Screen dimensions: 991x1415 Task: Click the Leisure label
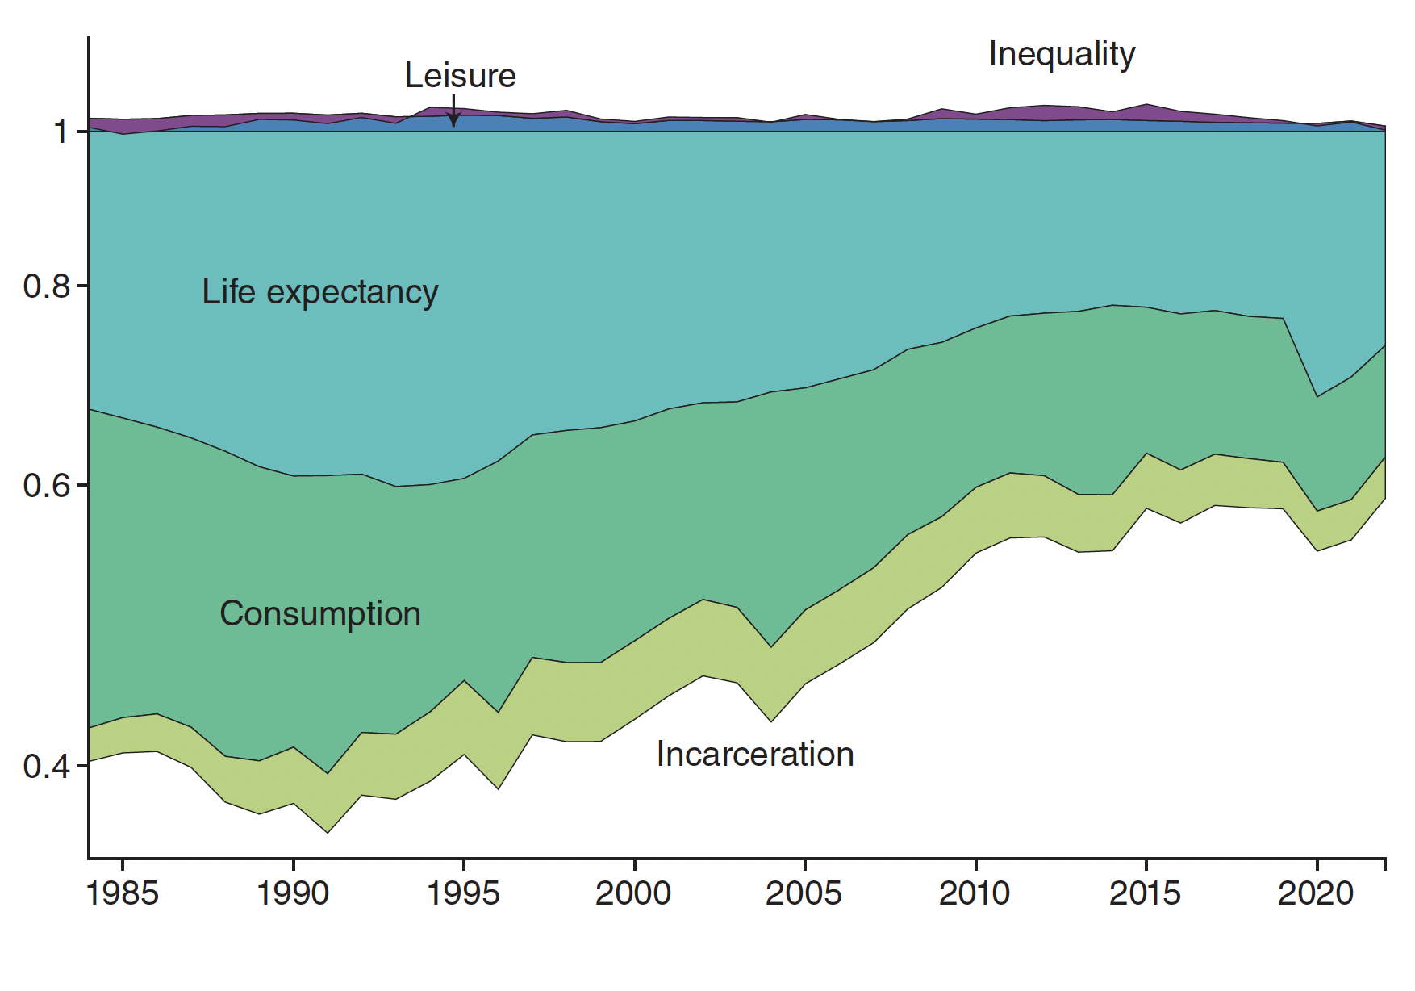(460, 76)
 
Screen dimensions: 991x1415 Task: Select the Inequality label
(1062, 55)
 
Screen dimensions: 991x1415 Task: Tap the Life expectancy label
(319, 292)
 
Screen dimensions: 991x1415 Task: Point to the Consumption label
(320, 614)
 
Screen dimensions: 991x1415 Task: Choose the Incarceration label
(755, 755)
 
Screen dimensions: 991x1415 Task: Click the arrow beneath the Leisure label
(454, 111)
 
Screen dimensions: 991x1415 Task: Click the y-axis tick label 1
(61, 132)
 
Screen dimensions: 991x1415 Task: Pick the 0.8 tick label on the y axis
(47, 286)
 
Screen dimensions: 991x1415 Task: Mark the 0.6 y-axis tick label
(47, 486)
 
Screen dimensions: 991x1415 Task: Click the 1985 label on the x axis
(123, 893)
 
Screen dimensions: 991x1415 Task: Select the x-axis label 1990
(293, 893)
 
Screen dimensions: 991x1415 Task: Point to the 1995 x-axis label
(464, 893)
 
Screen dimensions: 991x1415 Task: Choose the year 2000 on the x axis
(634, 893)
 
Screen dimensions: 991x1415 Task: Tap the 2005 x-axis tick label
(804, 893)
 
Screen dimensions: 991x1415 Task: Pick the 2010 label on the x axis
(975, 893)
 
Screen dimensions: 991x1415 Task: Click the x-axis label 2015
(1146, 893)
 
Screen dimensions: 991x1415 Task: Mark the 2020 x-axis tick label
(1316, 893)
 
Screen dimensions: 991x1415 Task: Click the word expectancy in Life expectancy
(353, 294)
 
